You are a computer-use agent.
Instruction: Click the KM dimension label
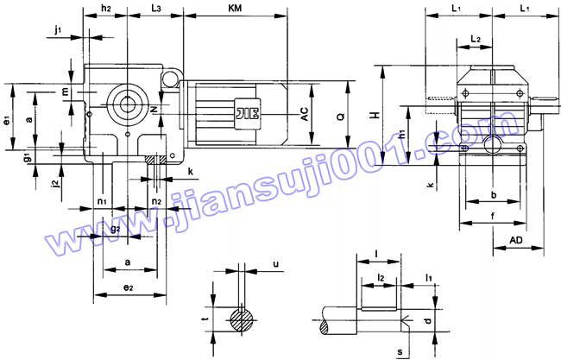tap(235, 8)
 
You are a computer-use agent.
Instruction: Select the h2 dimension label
tap(105, 8)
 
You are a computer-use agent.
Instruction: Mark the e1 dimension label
tap(6, 120)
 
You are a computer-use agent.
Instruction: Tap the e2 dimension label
tap(129, 286)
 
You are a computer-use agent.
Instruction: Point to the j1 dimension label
tap(58, 30)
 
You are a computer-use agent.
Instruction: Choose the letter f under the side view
tap(491, 217)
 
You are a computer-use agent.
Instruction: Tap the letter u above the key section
tap(275, 264)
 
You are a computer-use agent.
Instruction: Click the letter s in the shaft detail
tap(400, 352)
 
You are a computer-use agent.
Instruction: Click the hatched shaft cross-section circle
tap(243, 319)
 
